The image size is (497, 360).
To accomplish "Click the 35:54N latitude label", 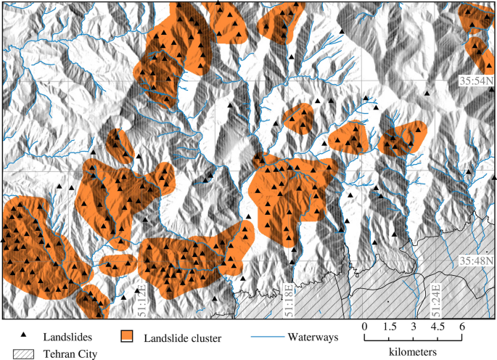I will (x=475, y=81).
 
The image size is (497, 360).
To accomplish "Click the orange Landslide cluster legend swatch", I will (x=128, y=337).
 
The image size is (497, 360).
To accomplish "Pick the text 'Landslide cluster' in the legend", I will (x=182, y=337).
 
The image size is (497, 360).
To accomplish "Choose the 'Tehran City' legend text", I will (x=70, y=354).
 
